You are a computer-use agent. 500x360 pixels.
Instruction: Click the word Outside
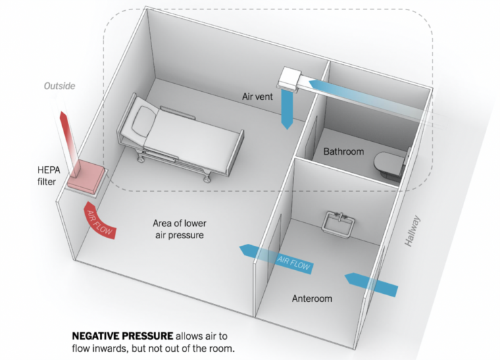click(59, 86)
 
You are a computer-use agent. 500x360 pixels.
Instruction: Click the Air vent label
click(257, 97)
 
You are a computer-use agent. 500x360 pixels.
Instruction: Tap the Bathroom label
click(343, 151)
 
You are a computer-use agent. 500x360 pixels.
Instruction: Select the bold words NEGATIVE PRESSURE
click(122, 336)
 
